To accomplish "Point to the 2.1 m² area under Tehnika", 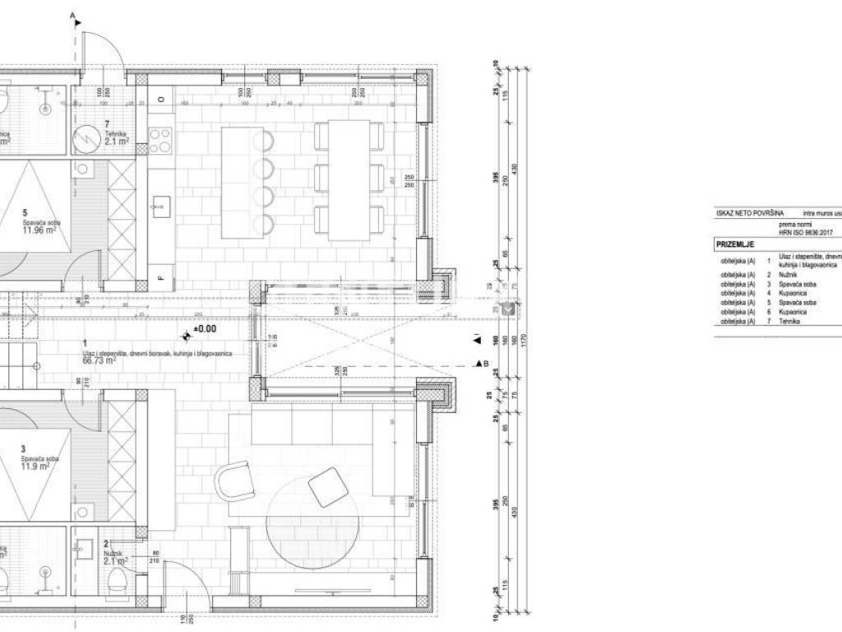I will click(117, 142).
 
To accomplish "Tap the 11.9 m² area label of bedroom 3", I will click(37, 465).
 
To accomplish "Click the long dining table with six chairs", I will click(349, 179).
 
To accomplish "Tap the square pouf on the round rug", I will click(328, 486).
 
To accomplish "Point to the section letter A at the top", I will click(72, 16).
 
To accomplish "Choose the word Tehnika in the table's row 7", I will click(789, 322).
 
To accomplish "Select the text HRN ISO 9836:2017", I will click(805, 233).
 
